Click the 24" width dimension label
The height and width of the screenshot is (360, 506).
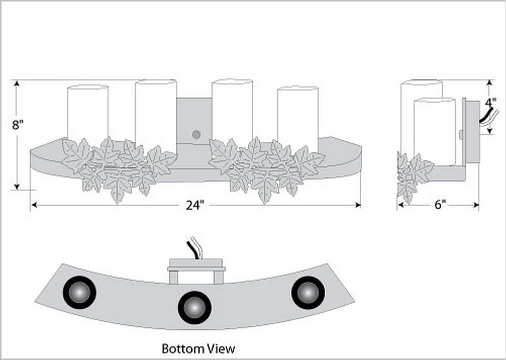point(195,205)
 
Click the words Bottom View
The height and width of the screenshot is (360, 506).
point(198,348)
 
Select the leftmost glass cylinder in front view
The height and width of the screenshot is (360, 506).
point(87,112)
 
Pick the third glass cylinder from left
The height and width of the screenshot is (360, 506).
point(232,110)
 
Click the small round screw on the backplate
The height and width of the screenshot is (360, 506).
point(196,134)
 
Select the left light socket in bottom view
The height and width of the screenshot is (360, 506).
point(79,292)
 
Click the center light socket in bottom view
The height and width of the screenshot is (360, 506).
point(194,307)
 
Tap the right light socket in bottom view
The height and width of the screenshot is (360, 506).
point(308,292)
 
